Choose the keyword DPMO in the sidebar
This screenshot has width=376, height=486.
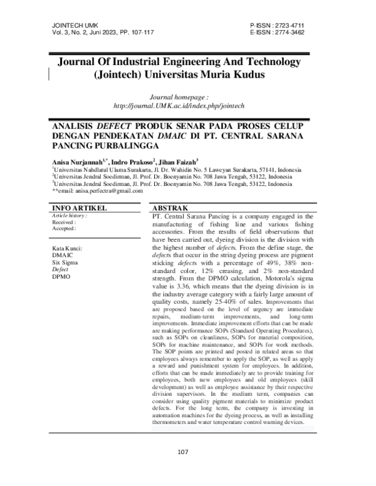pos(62,275)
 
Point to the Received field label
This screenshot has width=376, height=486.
pos(64,222)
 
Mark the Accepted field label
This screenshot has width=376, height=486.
pos(64,229)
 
